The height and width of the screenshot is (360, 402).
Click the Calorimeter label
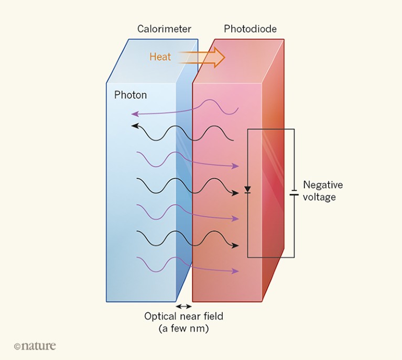[164, 29]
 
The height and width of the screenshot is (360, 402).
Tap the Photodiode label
[250, 29]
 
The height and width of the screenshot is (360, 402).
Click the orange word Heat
[160, 57]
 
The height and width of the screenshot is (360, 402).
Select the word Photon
[131, 95]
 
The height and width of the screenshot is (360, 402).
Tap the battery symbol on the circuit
[294, 194]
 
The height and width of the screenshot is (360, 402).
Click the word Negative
[323, 185]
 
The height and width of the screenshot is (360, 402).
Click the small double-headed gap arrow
[183, 306]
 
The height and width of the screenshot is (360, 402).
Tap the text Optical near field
[183, 317]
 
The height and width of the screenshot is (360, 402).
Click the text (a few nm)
[183, 329]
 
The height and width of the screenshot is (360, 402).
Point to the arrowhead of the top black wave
[134, 126]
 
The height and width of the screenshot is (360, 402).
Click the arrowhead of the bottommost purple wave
[237, 271]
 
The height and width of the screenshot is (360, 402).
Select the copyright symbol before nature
[17, 346]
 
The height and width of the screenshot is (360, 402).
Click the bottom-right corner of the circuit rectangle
[294, 257]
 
